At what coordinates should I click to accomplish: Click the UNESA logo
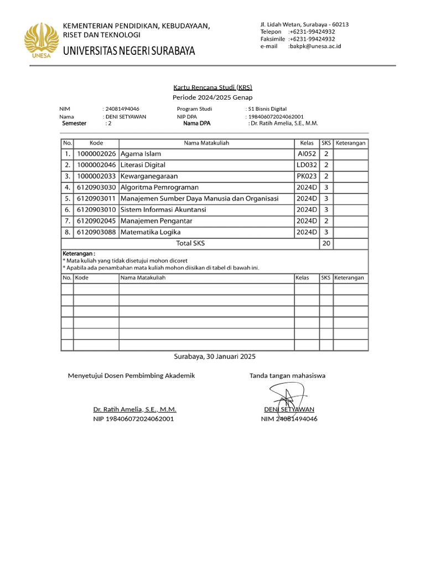tap(42, 40)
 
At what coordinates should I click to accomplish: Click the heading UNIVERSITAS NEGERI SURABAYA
tap(129, 51)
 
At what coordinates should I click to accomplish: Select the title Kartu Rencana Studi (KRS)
tap(212, 87)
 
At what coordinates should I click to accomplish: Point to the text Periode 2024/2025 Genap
tap(212, 97)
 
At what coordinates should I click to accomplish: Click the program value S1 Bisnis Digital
tap(268, 109)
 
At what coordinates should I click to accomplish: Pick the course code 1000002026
tap(96, 154)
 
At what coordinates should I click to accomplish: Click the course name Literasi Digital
tap(143, 165)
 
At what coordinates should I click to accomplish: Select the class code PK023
tap(307, 176)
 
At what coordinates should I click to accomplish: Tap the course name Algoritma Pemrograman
tap(159, 188)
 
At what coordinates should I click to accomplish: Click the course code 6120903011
tap(96, 199)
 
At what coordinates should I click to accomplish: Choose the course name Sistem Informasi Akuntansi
tap(163, 210)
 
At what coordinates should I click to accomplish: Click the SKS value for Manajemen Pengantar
tap(326, 221)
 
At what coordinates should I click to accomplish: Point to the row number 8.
tap(67, 233)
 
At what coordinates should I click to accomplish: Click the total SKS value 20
tap(326, 244)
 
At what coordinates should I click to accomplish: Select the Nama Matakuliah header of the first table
tap(206, 143)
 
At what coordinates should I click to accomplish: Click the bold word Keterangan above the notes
tap(79, 254)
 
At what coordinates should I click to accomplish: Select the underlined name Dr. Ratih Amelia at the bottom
tap(134, 410)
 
